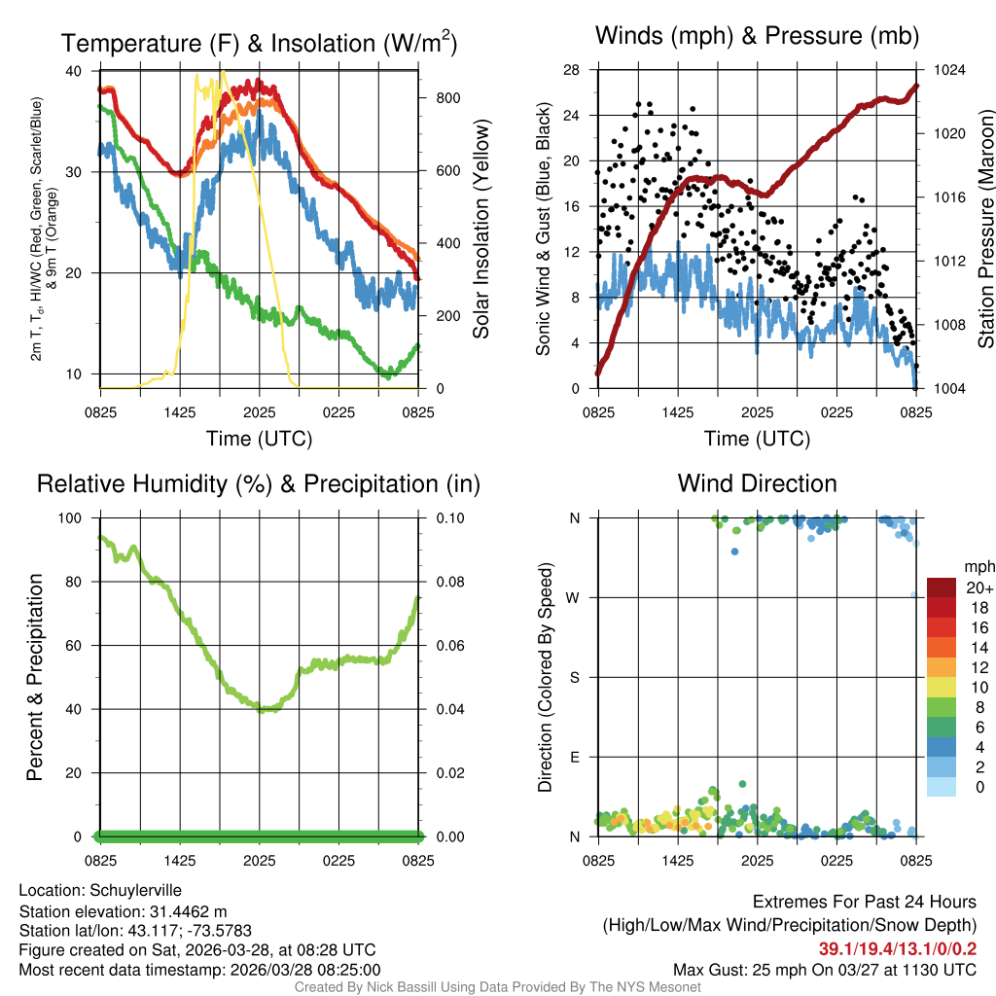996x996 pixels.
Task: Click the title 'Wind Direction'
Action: (757, 483)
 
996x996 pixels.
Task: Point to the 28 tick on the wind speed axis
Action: (573, 70)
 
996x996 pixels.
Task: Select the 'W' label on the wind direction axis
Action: (574, 597)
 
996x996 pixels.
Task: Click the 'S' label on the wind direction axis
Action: (575, 677)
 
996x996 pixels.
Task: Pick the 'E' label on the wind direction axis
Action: (575, 757)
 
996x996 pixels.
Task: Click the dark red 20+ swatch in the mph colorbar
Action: (942, 588)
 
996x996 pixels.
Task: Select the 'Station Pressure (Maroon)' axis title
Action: (985, 230)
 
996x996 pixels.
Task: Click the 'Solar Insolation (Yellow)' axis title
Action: (481, 230)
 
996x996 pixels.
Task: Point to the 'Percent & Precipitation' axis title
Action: (35, 677)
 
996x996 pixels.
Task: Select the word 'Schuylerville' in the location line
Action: (135, 890)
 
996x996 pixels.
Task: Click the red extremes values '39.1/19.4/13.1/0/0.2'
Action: (897, 948)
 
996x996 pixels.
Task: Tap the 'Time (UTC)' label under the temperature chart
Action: (259, 439)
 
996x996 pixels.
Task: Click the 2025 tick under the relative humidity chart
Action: (259, 861)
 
